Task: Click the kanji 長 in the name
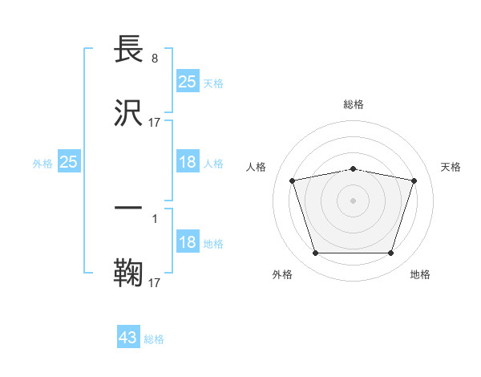click(129, 50)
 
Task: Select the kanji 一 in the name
click(129, 207)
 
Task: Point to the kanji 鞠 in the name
click(129, 272)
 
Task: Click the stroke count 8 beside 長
click(155, 58)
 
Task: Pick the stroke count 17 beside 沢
click(155, 123)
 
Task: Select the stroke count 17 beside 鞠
click(155, 283)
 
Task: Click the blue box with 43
click(128, 338)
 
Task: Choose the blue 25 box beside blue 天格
click(187, 82)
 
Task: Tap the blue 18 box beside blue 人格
click(187, 162)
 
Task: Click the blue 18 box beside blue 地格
click(187, 242)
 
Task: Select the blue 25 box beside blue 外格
click(69, 162)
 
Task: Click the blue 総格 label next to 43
click(154, 339)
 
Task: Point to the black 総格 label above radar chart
click(354, 105)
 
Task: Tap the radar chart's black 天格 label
click(451, 167)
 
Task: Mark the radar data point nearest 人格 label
click(293, 180)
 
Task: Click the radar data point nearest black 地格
click(390, 253)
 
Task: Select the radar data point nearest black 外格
click(315, 253)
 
